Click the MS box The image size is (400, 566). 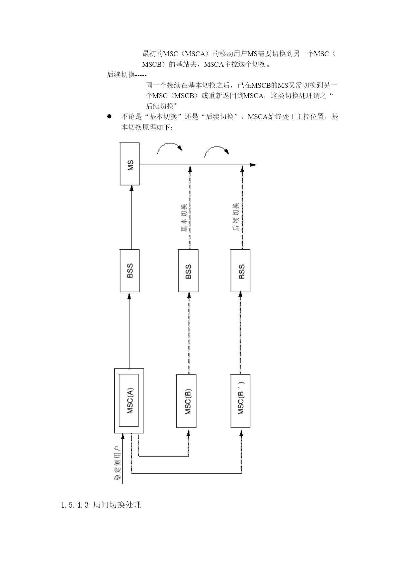[130, 164]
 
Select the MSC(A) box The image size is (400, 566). [129, 400]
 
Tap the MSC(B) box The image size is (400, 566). [186, 401]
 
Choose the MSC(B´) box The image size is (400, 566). [240, 401]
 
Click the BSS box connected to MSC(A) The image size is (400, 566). [130, 271]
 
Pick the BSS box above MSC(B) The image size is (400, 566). [188, 271]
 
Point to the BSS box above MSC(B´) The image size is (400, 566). [240, 271]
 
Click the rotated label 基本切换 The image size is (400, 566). [183, 218]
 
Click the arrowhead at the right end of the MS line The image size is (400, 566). [253, 165]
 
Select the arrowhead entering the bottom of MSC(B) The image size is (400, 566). [188, 431]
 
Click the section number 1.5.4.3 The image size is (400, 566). [74, 505]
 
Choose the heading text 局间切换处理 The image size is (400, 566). [117, 505]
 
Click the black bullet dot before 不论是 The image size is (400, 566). [109, 116]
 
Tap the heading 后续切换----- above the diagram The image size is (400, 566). [127, 75]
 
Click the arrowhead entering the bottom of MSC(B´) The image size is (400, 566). [241, 431]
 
